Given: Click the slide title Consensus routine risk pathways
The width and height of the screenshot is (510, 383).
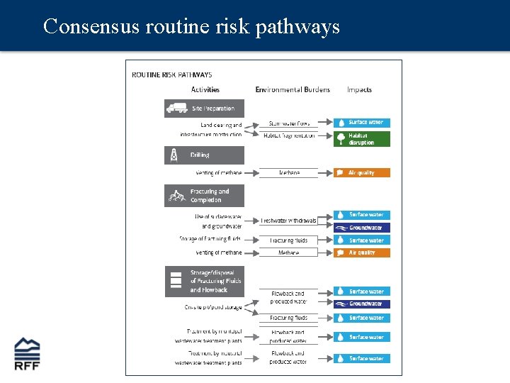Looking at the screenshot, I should (191, 27).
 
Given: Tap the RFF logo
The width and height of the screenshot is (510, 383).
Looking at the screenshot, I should (28, 354).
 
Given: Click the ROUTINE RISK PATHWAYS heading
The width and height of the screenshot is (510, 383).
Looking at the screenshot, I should (172, 74).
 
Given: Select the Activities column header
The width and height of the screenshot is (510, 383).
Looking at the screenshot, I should (205, 89).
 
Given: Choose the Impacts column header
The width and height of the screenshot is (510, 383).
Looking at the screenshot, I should (359, 89).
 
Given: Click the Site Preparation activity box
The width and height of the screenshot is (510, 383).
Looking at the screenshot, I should (205, 108).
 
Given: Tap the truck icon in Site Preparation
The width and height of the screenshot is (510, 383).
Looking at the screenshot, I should (176, 108).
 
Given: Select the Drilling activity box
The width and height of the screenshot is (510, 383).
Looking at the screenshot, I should (205, 155).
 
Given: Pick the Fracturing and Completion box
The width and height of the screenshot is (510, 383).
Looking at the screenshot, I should (205, 196).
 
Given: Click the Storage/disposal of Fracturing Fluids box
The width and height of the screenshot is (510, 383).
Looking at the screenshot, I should (205, 281).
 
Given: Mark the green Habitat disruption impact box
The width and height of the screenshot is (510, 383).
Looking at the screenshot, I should (362, 139).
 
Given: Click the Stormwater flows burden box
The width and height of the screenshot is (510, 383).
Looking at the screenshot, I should (289, 123).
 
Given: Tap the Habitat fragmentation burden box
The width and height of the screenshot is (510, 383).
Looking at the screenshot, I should (289, 135).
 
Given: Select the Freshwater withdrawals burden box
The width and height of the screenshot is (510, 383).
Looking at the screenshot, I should (288, 221).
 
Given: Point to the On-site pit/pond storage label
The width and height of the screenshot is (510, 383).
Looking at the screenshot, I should (213, 307).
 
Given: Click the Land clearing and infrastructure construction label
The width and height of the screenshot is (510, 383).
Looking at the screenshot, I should (211, 129).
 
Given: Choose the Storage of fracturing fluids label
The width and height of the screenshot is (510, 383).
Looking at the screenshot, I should (210, 239).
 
